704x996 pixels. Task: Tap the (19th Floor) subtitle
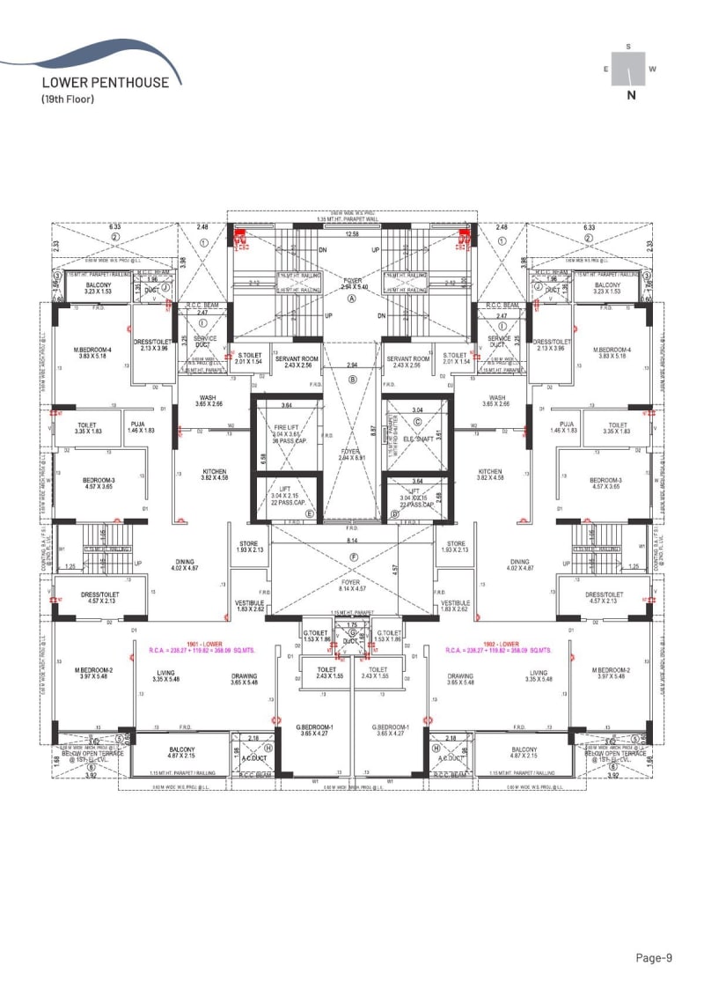coord(68,99)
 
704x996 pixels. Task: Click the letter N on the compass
coord(630,96)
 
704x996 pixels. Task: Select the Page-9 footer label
coord(655,957)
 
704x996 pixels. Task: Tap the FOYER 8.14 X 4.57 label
coord(353,586)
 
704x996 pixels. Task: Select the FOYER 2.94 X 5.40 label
coord(352,284)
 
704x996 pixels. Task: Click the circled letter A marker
coord(352,299)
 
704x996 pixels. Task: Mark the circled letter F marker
coord(353,557)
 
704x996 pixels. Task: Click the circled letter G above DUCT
coord(353,633)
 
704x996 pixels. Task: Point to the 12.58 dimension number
coord(352,234)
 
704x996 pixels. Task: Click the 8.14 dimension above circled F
coord(352,540)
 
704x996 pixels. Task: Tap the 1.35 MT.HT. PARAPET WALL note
coord(352,220)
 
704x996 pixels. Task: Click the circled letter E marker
coord(309,513)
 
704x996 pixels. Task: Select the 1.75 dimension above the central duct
coord(353,624)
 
